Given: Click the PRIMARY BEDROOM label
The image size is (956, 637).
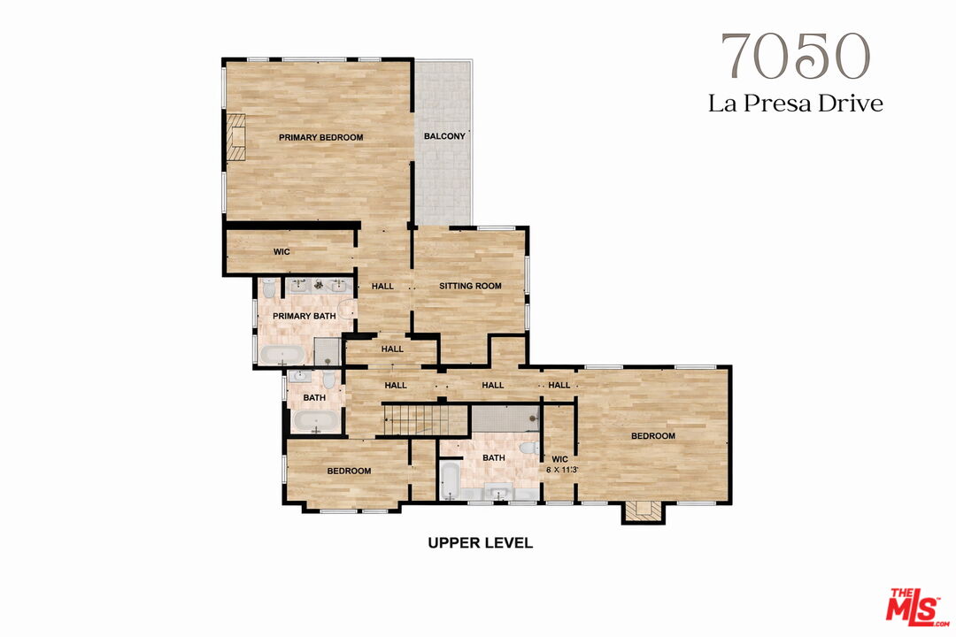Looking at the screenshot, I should coord(320,137).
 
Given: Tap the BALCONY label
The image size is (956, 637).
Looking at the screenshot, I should coord(444,136).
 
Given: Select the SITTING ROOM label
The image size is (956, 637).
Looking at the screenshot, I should coord(470,286).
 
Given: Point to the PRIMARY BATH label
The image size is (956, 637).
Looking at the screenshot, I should coord(304,316).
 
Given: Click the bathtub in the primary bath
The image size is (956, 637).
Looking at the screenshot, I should coord(283,356).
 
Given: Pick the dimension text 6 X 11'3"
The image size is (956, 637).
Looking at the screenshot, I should coord(560,470).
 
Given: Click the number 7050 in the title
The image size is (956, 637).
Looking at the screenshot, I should coord(794,58).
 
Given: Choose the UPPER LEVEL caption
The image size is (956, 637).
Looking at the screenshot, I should coord(480,542).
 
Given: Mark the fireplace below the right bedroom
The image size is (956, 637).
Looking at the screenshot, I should coord(643,510).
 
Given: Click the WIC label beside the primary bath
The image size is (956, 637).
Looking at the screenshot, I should coord(281,252).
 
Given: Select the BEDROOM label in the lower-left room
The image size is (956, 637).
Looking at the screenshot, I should coord(349,471).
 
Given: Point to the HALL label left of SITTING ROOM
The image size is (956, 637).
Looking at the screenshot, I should coord(382,286).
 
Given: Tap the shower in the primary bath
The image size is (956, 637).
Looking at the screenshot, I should coord(328,352).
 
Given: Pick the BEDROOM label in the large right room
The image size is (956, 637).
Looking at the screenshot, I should coord(652,436).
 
